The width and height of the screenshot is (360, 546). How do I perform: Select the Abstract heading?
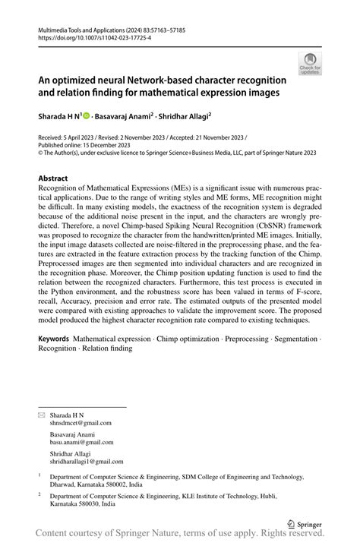[58, 179]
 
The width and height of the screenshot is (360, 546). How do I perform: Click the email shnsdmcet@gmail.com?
[81, 423]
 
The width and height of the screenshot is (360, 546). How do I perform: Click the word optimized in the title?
[84, 80]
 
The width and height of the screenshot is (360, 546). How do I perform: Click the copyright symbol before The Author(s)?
[41, 152]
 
